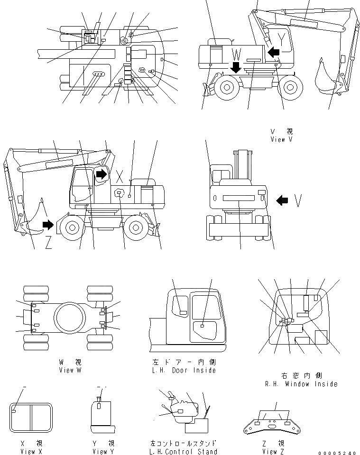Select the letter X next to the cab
coord(120,176)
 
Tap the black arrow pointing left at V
coord(282,200)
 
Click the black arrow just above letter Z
coord(48,224)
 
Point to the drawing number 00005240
coord(338,453)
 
